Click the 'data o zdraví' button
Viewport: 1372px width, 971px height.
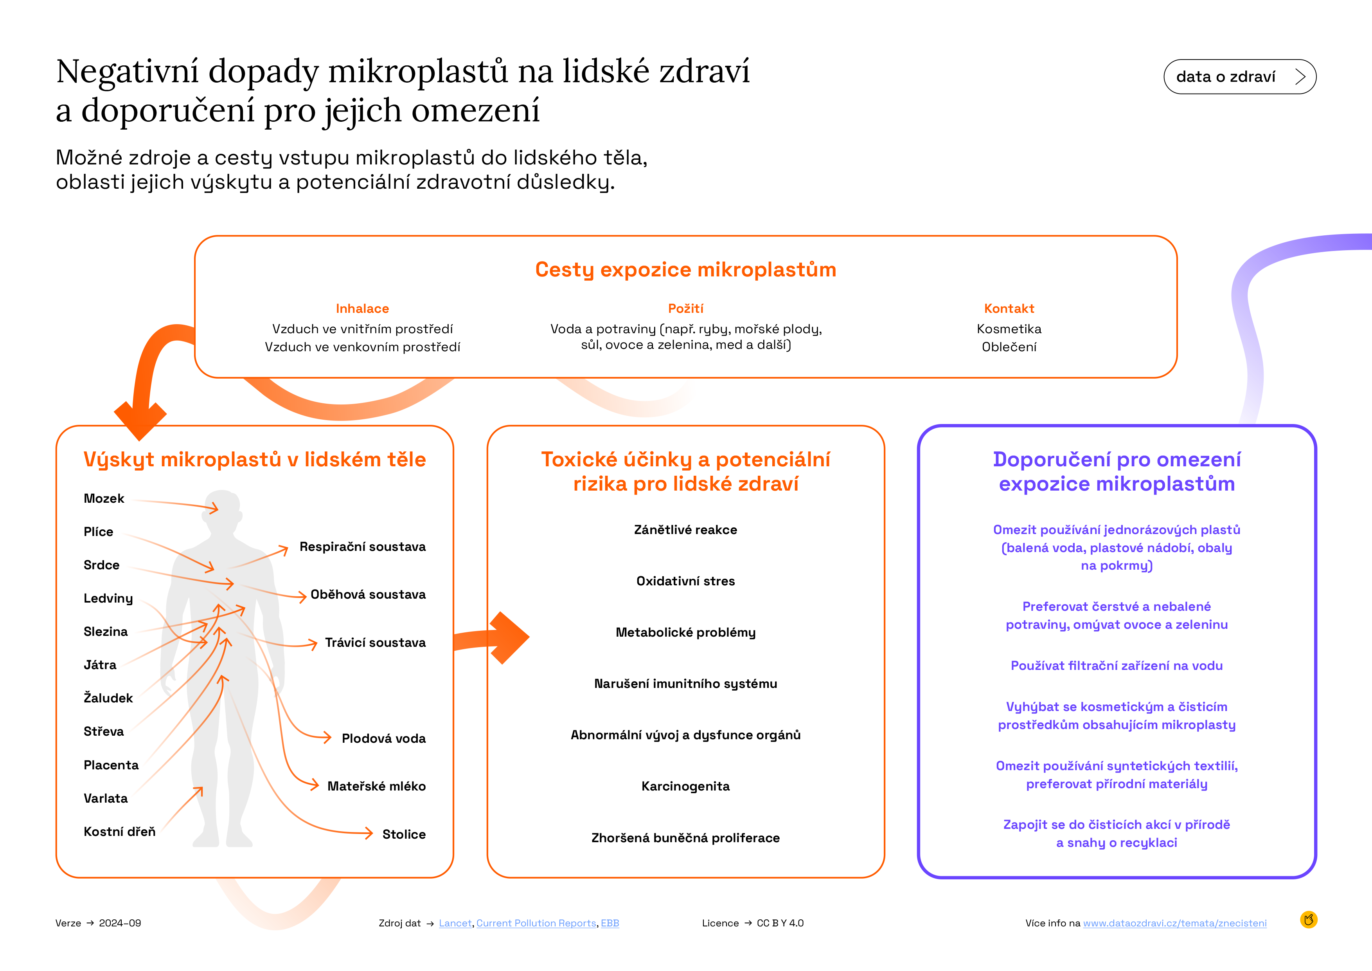[x=1239, y=76]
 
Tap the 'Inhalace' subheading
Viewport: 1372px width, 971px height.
[x=362, y=309]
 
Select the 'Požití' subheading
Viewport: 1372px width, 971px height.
[x=685, y=309]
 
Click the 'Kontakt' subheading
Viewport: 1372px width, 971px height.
[x=1009, y=309]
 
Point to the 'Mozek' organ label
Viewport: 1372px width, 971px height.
[x=104, y=499]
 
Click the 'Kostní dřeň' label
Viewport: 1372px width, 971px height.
[x=119, y=832]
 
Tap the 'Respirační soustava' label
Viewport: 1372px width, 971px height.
[x=363, y=547]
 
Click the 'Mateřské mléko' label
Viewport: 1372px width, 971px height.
[x=376, y=786]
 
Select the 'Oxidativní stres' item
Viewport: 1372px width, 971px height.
[x=685, y=581]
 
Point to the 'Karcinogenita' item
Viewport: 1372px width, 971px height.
[x=685, y=786]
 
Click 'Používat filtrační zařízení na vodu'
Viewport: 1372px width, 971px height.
[x=1116, y=666]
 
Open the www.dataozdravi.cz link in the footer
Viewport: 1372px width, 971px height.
[x=1175, y=923]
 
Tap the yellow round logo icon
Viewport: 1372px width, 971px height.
[x=1309, y=920]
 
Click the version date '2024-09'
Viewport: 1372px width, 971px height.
[x=120, y=923]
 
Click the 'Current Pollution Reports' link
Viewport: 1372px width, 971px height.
[x=536, y=923]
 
